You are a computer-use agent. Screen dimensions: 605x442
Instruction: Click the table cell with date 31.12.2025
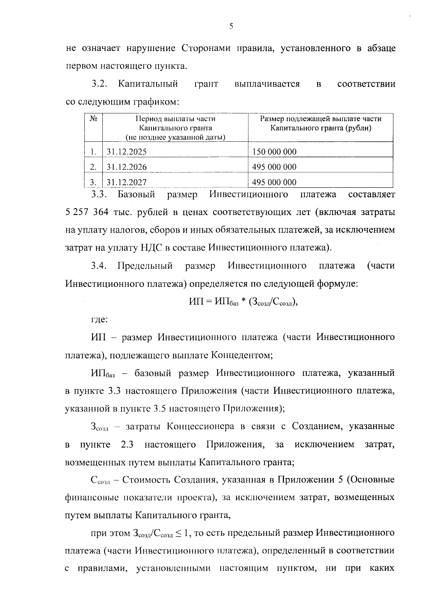126,151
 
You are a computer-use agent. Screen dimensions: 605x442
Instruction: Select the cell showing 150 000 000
274,151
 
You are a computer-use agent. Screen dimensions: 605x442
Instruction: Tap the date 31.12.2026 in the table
126,167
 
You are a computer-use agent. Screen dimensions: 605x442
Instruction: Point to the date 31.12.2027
126,182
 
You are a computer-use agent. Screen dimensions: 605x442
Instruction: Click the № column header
94,119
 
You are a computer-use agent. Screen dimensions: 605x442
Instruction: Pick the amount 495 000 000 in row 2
274,167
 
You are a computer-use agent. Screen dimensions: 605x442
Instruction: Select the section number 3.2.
99,84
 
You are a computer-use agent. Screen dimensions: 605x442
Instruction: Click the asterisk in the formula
243,302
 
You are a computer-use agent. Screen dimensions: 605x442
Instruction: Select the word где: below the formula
99,319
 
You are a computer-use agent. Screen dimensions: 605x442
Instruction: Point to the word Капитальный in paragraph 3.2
148,84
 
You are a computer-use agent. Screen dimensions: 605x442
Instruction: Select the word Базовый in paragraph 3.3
136,194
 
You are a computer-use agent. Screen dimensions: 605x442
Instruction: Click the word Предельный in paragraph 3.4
145,265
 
